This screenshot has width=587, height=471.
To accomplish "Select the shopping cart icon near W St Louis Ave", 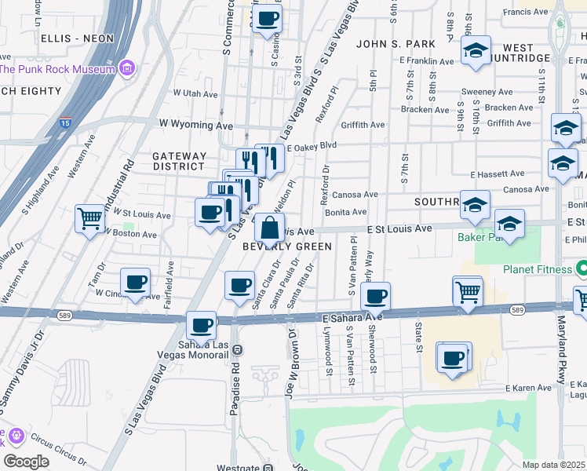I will point(89,218).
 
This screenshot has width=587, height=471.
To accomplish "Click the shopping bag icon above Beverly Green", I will point(269,228).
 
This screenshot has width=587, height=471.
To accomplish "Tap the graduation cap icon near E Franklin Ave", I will point(475,50).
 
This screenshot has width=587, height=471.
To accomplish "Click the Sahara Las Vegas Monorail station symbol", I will point(237,349).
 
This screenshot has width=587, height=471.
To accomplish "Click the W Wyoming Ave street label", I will point(196,124).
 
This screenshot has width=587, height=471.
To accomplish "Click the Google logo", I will point(27,461).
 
